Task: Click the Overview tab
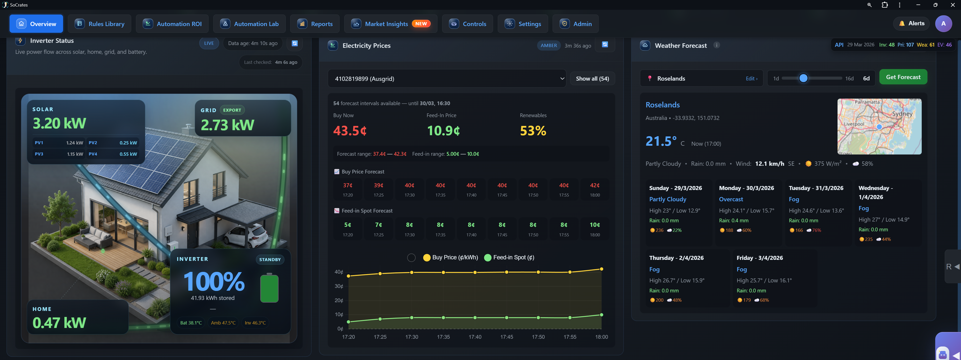click(36, 24)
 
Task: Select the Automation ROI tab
click(174, 24)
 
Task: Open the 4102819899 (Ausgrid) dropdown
click(446, 79)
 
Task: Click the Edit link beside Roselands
click(751, 79)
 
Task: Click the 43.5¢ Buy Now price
click(350, 131)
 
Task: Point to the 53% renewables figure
click(533, 131)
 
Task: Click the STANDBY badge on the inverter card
click(270, 260)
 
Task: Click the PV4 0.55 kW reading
click(113, 154)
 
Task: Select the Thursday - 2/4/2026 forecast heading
click(676, 258)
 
